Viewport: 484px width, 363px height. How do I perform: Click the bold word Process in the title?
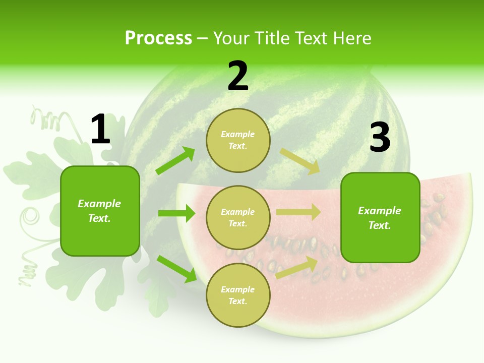pos(158,38)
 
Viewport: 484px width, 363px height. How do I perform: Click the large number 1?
pos(100,130)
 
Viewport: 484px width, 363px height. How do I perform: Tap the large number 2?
pos(238,76)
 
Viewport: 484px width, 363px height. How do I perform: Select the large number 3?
pos(380,138)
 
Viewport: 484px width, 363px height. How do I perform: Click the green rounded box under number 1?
pos(100,211)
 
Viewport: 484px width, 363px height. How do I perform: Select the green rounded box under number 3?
pos(380,217)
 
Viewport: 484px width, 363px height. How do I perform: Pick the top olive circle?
pos(238,140)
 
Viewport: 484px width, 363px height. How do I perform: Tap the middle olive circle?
pos(238,217)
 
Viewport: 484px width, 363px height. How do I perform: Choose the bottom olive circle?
pos(238,295)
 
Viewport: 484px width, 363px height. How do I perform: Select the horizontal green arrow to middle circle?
pos(176,213)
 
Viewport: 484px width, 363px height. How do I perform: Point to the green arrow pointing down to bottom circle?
pos(176,268)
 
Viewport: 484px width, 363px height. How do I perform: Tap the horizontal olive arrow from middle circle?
pos(298,212)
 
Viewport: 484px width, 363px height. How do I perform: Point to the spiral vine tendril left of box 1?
pos(30,218)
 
